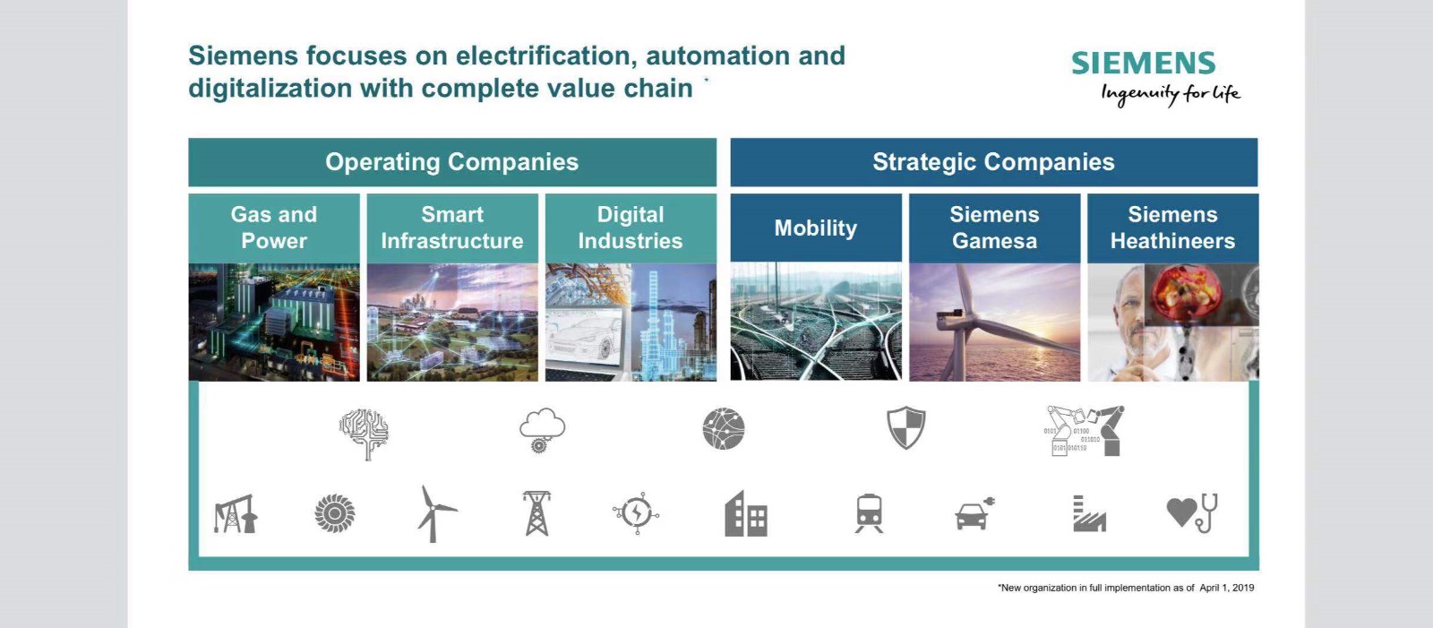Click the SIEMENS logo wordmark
point(1143,64)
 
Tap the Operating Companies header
point(451,162)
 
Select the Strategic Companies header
point(993,162)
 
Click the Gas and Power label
point(274,228)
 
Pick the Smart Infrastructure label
point(452,228)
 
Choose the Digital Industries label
point(631,228)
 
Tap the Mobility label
point(816,228)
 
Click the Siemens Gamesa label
point(994,228)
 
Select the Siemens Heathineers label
point(1172,228)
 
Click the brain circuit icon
point(364,434)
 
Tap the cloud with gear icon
point(542,430)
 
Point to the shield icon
point(905,427)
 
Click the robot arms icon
point(1085,431)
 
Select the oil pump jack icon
point(236,514)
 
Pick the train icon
point(869,513)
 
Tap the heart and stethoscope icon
point(1192,512)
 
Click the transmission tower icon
point(536,513)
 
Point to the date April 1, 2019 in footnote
point(1226,588)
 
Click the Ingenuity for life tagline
point(1170,95)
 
